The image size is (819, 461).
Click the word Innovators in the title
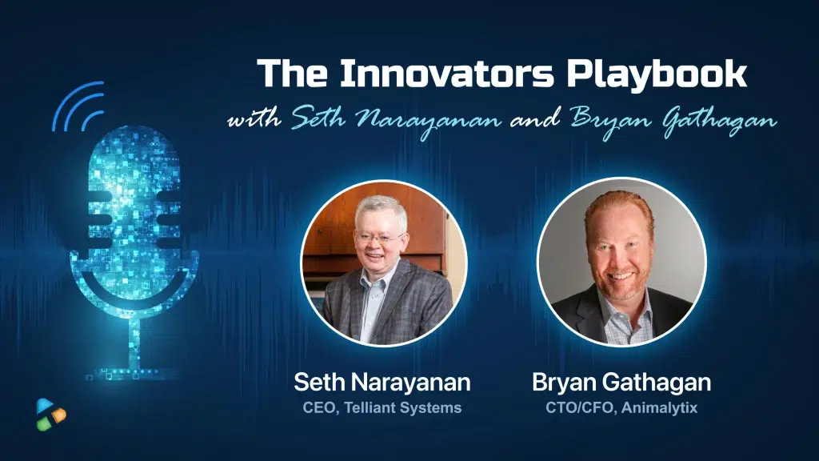tap(446, 73)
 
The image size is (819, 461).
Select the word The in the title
tap(292, 73)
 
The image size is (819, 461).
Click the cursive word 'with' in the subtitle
tap(254, 119)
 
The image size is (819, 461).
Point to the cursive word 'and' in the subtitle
tap(535, 119)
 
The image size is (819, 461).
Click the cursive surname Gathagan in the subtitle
tap(720, 122)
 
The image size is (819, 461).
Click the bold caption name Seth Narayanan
tap(382, 382)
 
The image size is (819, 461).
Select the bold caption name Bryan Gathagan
tap(621, 383)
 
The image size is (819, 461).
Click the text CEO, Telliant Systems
tap(382, 407)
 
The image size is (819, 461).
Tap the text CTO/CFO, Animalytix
tap(621, 407)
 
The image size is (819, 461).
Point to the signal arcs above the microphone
tap(79, 106)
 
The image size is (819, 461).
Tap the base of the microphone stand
tap(134, 373)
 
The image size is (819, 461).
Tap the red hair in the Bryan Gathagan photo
tap(620, 207)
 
